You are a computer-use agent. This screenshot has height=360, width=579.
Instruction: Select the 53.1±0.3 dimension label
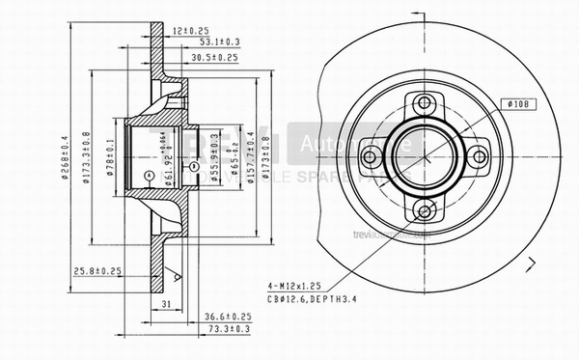point(218,43)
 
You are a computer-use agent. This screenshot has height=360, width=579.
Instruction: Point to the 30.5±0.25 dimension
point(214,58)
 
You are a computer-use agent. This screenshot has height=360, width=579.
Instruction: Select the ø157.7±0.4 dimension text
point(252,156)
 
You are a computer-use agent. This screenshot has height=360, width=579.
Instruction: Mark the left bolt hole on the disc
point(371,156)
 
